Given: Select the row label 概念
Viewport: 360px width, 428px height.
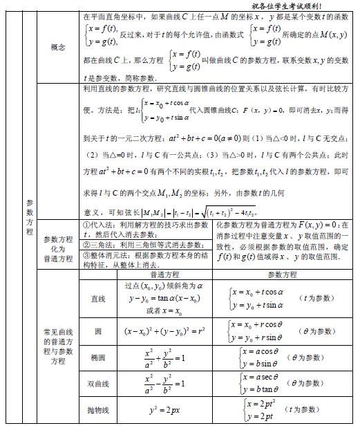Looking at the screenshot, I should (58, 47).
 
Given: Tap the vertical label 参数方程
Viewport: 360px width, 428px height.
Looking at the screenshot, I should (29, 217).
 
